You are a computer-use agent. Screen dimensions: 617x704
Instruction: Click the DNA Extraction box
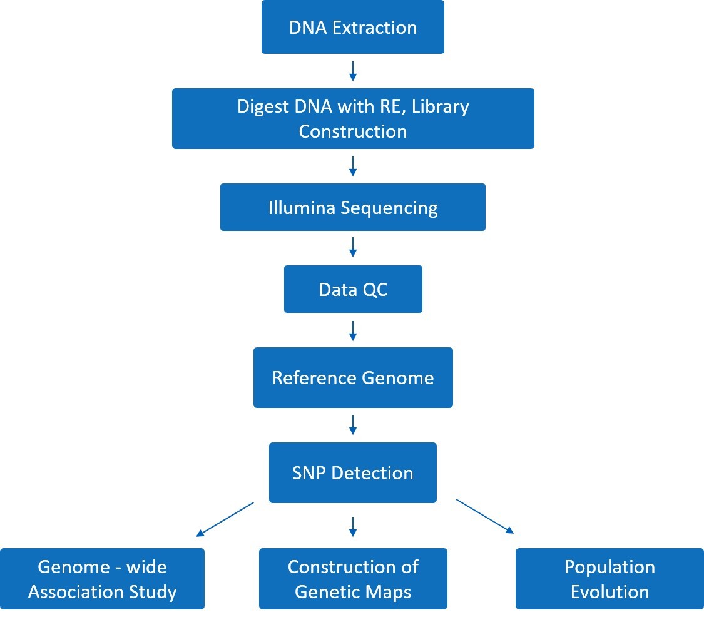pos(352,27)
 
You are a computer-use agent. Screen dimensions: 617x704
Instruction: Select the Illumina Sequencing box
pos(352,207)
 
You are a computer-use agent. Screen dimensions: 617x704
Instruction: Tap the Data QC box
pos(353,289)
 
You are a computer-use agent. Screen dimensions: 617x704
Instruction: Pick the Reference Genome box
pos(353,378)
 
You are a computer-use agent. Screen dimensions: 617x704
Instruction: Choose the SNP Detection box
pos(352,472)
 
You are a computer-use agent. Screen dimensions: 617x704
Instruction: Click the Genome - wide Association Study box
pos(102,579)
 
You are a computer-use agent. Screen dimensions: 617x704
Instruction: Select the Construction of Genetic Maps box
pos(353,579)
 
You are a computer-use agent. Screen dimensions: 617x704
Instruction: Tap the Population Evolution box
pos(610,579)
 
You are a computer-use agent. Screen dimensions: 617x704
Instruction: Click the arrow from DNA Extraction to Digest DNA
pos(353,71)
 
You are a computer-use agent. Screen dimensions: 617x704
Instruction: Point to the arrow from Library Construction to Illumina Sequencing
pos(353,166)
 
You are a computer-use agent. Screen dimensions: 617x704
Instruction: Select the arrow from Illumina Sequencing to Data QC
pos(353,247)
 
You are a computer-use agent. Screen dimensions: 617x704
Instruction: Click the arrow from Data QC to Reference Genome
pos(353,330)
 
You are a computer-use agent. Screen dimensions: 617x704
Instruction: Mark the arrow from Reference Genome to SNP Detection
pos(353,425)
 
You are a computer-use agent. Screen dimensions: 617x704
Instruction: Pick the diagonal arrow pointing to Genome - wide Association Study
pos(225,519)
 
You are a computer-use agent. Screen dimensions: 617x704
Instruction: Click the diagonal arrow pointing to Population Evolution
pos(485,517)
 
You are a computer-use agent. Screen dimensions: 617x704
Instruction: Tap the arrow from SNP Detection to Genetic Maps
pos(353,526)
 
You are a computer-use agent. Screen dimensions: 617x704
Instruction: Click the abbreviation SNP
pos(310,472)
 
